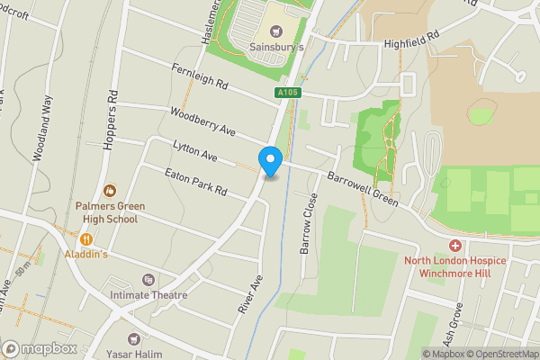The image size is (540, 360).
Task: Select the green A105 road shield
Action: (x=288, y=93)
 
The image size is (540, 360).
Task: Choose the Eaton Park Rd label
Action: (x=194, y=183)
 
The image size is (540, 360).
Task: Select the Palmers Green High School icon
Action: (x=110, y=190)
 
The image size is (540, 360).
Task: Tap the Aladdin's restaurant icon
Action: (x=87, y=239)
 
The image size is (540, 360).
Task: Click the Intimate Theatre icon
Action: (x=148, y=281)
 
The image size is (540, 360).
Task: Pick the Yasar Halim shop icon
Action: (x=135, y=338)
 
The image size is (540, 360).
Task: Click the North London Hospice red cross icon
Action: (x=454, y=246)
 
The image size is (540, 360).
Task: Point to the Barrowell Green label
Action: (x=364, y=187)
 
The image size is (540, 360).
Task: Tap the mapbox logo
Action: (x=40, y=348)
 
